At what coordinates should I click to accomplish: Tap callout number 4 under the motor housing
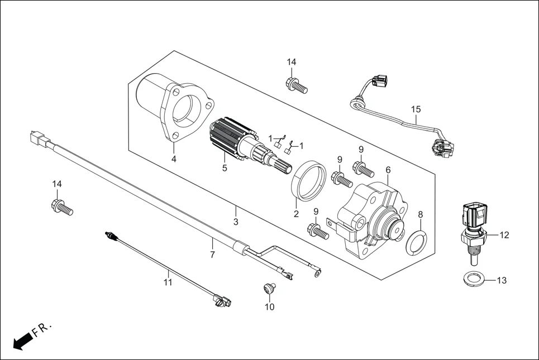[x=174, y=159]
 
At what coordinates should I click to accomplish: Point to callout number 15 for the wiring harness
[x=416, y=109]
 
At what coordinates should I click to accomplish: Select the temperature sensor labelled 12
[x=474, y=229]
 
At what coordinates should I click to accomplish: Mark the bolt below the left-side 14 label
[x=61, y=208]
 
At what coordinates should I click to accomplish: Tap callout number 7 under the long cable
[x=212, y=255]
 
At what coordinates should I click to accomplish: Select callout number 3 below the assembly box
[x=236, y=222]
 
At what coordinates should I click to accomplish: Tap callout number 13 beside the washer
[x=502, y=280]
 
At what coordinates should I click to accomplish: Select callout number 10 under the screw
[x=270, y=306]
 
